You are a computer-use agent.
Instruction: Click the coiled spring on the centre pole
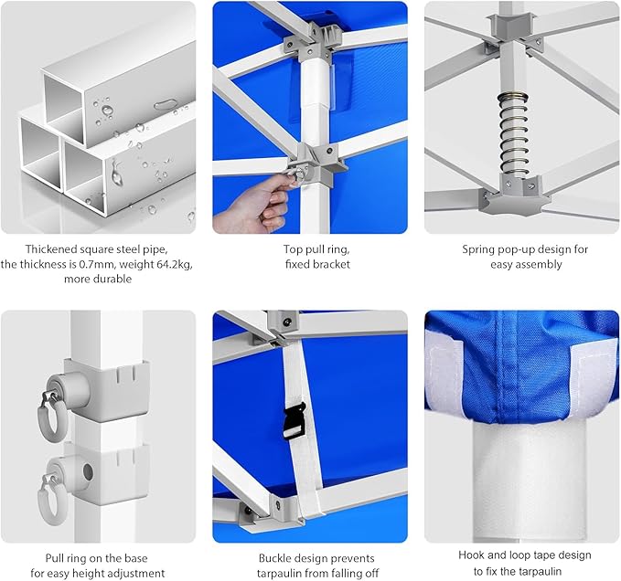[x=514, y=135]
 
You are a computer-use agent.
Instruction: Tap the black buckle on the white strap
[x=294, y=421]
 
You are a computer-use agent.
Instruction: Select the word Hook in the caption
[x=472, y=555]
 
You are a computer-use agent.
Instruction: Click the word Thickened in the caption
[x=51, y=249]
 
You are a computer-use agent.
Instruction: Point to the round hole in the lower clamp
[x=88, y=472]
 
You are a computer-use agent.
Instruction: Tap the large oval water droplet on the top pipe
[x=166, y=105]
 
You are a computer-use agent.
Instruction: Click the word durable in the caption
[x=114, y=279]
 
